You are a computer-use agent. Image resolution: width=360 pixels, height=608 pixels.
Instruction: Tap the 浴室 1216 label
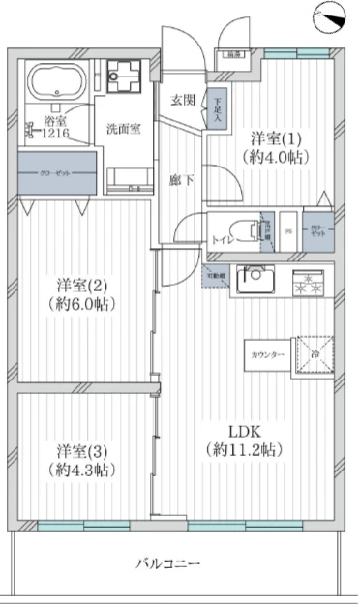tap(55, 127)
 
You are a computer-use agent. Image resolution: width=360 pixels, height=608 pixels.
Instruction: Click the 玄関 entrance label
tap(185, 100)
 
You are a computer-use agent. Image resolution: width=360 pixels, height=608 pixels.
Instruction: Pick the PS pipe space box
tap(289, 230)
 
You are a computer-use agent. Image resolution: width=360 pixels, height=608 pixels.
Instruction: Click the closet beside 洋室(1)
tap(317, 231)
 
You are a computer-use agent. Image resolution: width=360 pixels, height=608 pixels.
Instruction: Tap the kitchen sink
tap(256, 285)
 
